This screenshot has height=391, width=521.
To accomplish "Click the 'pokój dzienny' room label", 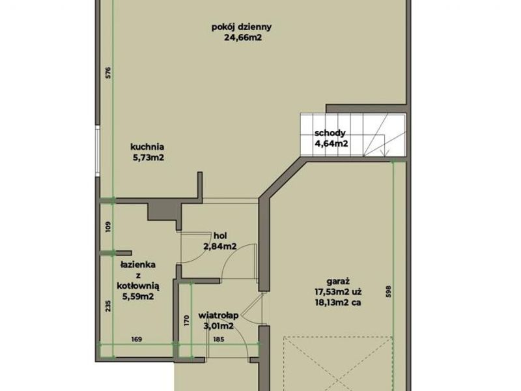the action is (x=242, y=27).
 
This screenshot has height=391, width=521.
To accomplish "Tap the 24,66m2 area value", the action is (x=243, y=38).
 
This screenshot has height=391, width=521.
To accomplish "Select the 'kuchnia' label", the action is (x=147, y=147).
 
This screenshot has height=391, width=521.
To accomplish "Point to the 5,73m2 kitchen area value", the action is (x=148, y=158).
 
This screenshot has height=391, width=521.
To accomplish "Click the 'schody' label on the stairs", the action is (x=330, y=134).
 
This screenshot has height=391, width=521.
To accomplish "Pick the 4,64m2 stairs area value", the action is (x=331, y=144).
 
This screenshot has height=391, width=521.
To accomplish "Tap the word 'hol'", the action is (x=220, y=236).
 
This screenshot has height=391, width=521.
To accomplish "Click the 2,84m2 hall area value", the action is (x=220, y=247).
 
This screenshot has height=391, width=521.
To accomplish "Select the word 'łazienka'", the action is (x=138, y=265).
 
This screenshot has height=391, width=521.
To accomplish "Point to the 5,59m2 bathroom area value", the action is (x=138, y=297).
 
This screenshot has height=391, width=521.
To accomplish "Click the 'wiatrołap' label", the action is (x=218, y=315).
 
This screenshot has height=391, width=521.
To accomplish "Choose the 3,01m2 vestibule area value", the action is (x=218, y=326).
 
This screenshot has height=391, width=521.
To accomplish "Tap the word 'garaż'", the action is (x=338, y=282).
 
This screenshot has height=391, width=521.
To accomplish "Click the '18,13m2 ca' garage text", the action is (x=338, y=303).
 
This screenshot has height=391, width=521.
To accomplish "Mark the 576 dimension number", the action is (x=108, y=73).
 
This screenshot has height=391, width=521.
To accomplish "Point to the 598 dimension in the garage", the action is (x=389, y=291).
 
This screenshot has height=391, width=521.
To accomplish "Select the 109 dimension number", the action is (x=108, y=227).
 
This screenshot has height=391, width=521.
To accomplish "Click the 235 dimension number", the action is (x=108, y=306).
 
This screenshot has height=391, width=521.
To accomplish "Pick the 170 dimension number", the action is (x=186, y=321).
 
